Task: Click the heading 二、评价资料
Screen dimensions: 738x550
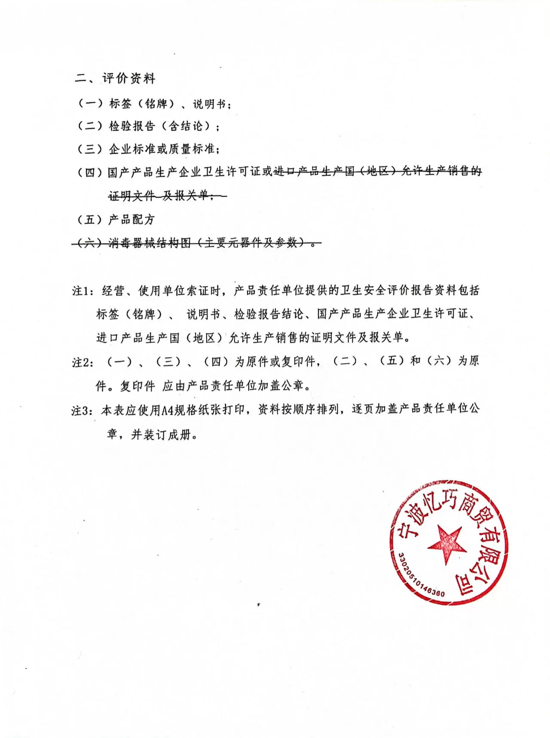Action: click(x=115, y=78)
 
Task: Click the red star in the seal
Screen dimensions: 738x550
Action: click(x=447, y=543)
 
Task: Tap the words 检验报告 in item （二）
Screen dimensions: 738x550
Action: click(x=131, y=126)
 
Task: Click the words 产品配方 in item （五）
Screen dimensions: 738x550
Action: click(x=131, y=220)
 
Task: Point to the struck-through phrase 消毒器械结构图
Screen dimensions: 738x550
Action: click(x=149, y=243)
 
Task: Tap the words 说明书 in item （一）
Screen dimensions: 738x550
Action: click(x=209, y=104)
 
